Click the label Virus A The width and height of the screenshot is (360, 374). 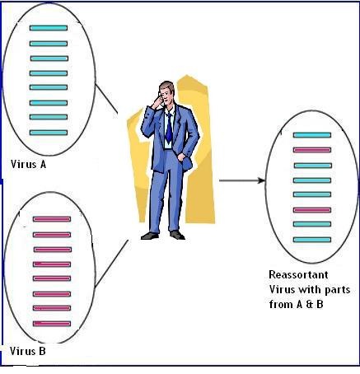coord(28,164)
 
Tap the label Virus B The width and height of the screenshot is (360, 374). coord(28,351)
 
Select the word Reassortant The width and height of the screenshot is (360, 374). coord(298,274)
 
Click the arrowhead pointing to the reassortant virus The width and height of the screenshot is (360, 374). coord(261,180)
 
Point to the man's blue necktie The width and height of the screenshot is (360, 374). coord(169,129)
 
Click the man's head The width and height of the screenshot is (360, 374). coord(166,91)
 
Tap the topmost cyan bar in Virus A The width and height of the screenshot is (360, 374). coord(49,28)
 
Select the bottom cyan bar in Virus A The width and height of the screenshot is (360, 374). coord(49,133)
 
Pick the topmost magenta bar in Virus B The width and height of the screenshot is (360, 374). coord(52,219)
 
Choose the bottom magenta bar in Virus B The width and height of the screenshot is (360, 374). coord(52,324)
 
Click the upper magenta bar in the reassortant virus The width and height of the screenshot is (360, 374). coord(312,150)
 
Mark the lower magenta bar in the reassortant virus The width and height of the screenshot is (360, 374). coord(312,210)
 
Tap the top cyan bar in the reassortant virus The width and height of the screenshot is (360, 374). coord(312,135)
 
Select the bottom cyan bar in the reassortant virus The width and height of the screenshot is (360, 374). coord(312,240)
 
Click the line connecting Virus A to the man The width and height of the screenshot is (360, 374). coord(106,98)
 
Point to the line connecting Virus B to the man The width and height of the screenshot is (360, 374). coord(111,264)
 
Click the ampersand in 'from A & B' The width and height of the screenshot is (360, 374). coord(310,305)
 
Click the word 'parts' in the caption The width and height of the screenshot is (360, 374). coord(338,290)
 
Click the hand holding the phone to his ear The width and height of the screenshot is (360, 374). coord(158,101)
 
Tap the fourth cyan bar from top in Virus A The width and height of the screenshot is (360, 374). coord(49,73)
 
